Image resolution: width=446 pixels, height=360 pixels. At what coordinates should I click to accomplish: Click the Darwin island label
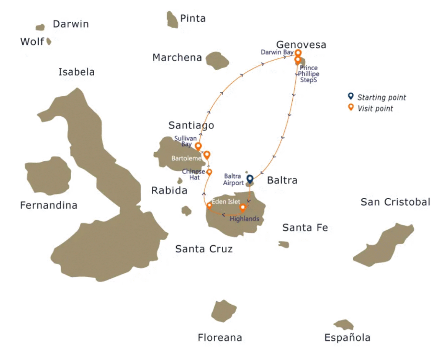point(71,24)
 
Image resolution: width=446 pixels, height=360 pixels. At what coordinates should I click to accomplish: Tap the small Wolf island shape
point(49,41)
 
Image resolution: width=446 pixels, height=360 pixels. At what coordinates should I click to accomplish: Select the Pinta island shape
point(172,20)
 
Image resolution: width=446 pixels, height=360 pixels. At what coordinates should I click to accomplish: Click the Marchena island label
point(177,58)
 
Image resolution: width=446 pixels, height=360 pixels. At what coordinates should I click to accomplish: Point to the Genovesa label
point(301,45)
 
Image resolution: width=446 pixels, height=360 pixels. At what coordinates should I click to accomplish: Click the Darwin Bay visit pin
point(298,53)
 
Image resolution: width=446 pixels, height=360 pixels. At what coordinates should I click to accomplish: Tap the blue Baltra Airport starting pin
point(250,179)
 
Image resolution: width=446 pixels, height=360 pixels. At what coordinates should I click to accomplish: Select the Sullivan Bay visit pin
point(198,146)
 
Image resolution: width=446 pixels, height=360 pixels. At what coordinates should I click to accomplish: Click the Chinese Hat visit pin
point(209,172)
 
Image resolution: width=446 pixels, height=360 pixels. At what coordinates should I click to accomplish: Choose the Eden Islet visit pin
point(209,205)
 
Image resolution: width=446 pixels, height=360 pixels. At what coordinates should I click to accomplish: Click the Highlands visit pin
point(243,207)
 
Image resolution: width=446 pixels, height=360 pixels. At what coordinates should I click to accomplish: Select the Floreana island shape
point(223,311)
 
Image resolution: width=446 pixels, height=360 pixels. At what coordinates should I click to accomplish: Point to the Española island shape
point(344,325)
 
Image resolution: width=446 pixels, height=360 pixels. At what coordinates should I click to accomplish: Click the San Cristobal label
point(395,202)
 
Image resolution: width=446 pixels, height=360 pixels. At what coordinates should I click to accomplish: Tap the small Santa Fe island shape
point(284,245)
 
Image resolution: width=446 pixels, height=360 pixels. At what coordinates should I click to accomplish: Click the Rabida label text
point(169,190)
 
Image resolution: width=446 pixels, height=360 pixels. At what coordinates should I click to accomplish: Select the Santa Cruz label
point(203,249)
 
